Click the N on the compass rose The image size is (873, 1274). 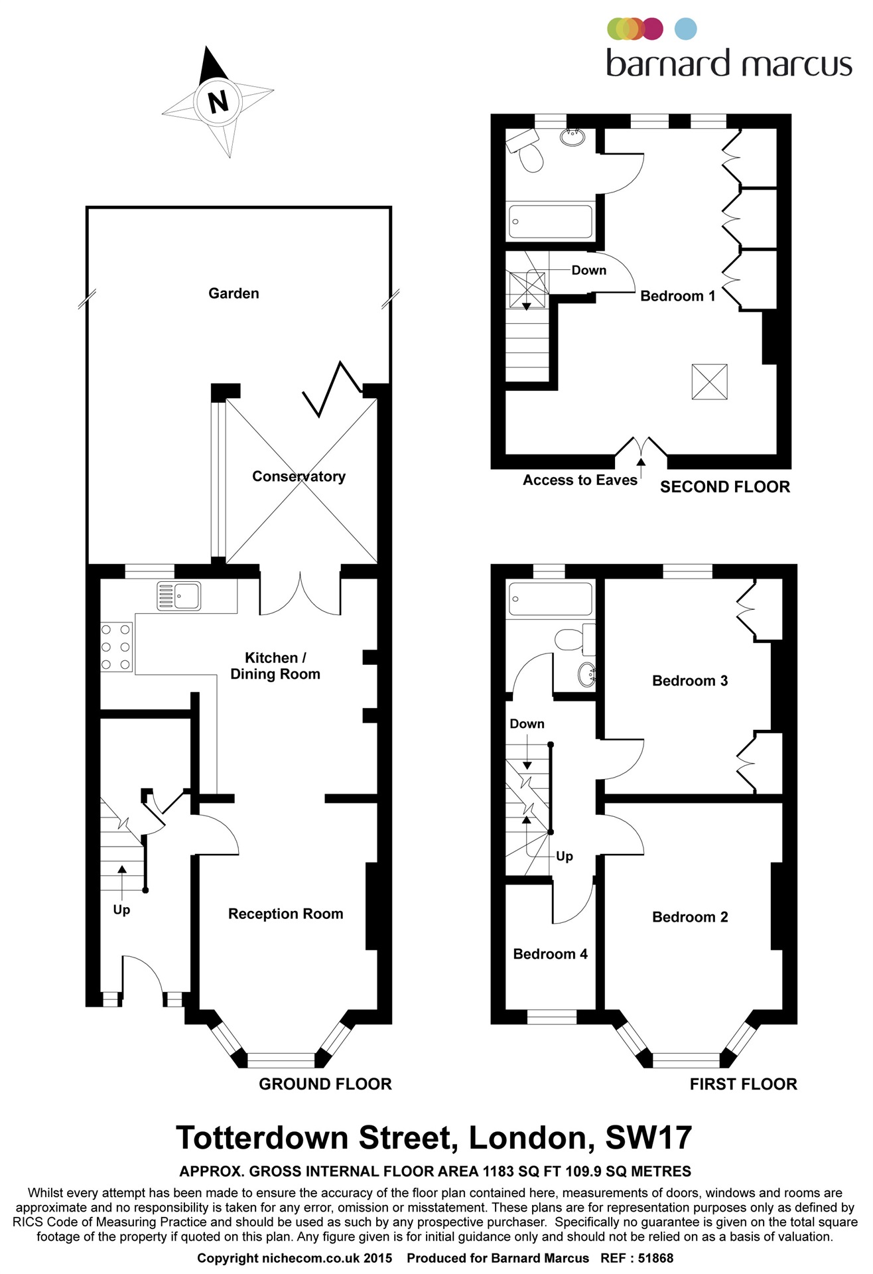point(218,102)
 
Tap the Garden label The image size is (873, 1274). point(234,293)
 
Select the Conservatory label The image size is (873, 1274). point(299,476)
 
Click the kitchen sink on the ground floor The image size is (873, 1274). point(179,595)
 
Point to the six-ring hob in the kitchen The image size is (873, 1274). point(116,647)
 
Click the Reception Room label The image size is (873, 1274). point(285,914)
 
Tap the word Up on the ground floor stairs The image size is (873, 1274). point(121,910)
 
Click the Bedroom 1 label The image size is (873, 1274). point(677,296)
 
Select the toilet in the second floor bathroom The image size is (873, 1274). point(531,158)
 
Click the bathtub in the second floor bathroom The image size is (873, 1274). point(550,222)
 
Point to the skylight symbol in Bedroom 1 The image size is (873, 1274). point(709,382)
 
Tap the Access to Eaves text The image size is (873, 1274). point(579,480)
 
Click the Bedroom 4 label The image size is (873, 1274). point(550,954)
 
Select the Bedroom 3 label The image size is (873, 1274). point(689,681)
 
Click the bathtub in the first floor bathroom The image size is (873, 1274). point(550,599)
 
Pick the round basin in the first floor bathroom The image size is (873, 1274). point(587,674)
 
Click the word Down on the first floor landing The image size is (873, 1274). point(527,724)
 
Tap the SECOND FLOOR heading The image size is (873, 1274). point(724,487)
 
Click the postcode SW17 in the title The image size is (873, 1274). point(648,1137)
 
